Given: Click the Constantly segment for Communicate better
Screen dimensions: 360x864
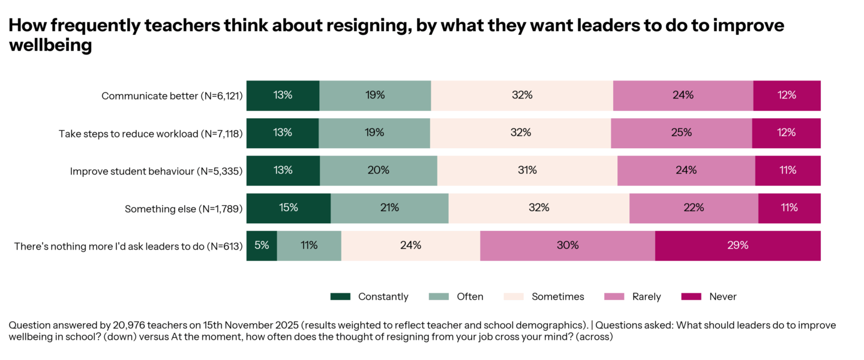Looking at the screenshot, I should pos(283,95).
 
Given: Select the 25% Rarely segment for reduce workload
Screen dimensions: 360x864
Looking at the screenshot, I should pos(681,133).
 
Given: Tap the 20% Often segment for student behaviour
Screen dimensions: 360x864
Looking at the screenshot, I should pos(378,170).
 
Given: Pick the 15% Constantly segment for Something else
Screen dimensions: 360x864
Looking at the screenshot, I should pos(288,208).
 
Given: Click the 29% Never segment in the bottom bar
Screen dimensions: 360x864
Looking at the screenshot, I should pos(737,245).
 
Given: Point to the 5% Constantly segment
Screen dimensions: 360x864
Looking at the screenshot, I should pos(262,245).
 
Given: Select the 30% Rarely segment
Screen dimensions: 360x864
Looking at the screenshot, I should pos(567,245).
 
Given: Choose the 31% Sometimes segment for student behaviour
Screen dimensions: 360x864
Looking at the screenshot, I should pos(527,170).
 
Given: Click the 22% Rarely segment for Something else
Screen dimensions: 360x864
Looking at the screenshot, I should pos(694,208).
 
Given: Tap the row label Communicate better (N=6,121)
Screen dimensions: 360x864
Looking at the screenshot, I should pos(172,96).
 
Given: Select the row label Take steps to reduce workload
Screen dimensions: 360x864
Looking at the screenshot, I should pos(150,133).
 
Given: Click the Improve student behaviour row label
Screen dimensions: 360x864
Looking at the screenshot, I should pos(156,171).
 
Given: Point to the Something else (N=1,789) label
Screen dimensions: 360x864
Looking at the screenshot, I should pos(183,209).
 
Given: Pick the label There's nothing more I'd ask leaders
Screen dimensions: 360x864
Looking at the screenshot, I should pos(128,246).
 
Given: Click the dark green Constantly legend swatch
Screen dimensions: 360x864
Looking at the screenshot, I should pos(340,296).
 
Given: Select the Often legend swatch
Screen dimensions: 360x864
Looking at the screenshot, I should pos(439,296).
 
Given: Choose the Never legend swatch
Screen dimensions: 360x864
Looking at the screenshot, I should pos(691,296).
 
